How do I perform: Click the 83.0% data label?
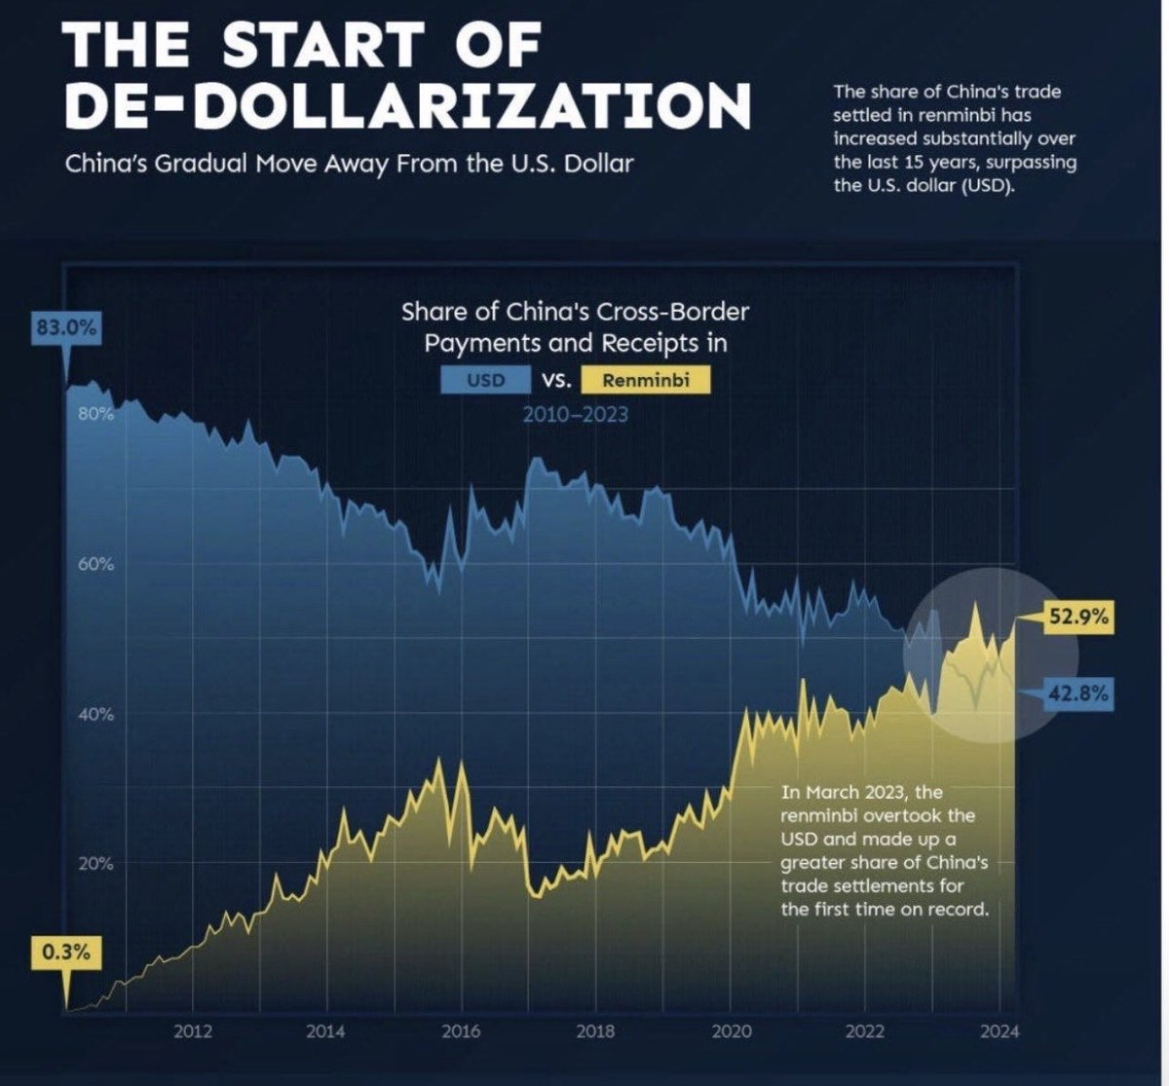click(66, 328)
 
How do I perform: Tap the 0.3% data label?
click(66, 952)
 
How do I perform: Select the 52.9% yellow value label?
click(1080, 617)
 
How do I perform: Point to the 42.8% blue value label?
click(1080, 694)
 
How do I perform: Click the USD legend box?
click(486, 380)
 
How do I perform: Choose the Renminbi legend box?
click(645, 380)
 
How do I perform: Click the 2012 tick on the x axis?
click(193, 1032)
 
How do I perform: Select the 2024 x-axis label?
click(999, 1032)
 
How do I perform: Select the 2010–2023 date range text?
click(575, 415)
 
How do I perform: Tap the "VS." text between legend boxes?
click(556, 380)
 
